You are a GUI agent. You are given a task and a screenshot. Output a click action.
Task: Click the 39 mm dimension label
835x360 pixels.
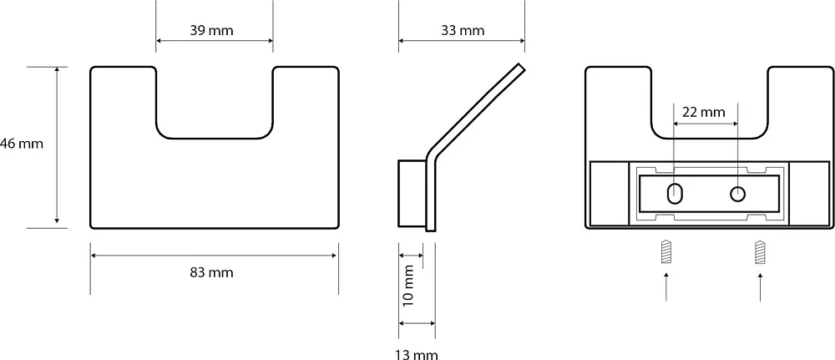pyautogui.click(x=211, y=30)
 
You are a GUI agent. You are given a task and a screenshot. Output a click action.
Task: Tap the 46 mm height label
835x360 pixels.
pyautogui.click(x=22, y=144)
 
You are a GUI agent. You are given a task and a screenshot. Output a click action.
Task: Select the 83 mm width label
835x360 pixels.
pyautogui.click(x=211, y=272)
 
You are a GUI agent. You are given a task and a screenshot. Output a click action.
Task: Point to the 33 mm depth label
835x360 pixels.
pyautogui.click(x=463, y=30)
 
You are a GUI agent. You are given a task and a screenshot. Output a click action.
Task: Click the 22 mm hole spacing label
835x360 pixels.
pyautogui.click(x=703, y=113)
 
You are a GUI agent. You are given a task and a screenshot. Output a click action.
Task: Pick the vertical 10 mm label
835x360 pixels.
pyautogui.click(x=408, y=286)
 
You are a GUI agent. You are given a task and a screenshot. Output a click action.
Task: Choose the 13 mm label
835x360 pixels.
pyautogui.click(x=417, y=354)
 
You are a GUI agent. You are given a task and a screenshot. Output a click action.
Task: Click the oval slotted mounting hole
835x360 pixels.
pyautogui.click(x=675, y=193)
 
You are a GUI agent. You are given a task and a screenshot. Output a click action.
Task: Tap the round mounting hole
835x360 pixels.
pyautogui.click(x=737, y=194)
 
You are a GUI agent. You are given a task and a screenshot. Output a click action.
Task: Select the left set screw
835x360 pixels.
pyautogui.click(x=665, y=252)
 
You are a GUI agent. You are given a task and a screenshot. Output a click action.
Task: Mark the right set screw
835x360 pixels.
pyautogui.click(x=760, y=252)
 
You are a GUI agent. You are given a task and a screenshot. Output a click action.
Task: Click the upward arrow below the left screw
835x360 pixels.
pyautogui.click(x=665, y=286)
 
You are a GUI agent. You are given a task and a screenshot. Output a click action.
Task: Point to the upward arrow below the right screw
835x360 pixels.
pyautogui.click(x=760, y=286)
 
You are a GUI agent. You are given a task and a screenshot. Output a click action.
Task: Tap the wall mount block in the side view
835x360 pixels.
pyautogui.click(x=412, y=193)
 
